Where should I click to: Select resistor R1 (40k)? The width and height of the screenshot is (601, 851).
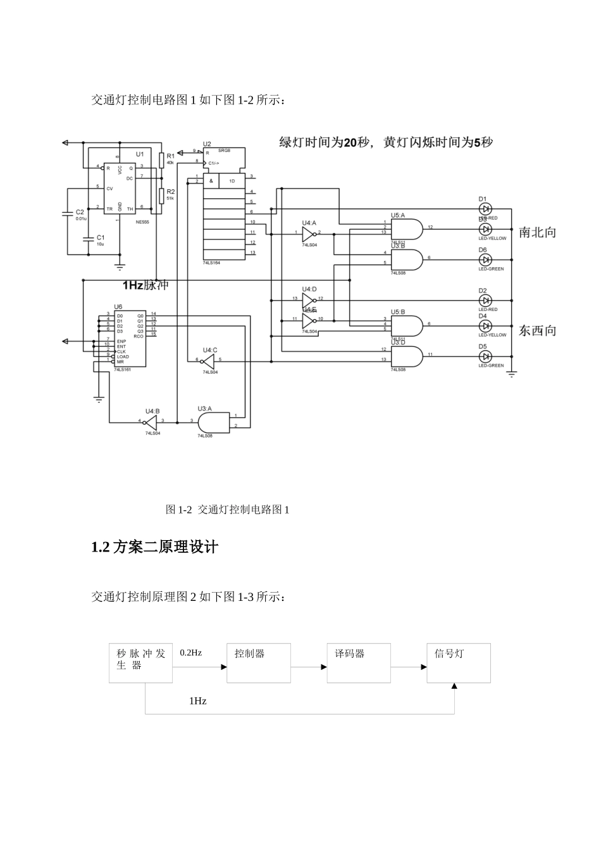coord(162,160)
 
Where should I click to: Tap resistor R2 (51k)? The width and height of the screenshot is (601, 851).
coord(162,194)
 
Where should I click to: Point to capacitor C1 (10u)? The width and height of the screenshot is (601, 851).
coord(88,240)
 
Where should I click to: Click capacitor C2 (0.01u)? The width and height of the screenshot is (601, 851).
coord(68,214)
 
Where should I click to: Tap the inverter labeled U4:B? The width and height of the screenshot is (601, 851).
coord(151,421)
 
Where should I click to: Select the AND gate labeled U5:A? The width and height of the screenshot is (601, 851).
coord(407,229)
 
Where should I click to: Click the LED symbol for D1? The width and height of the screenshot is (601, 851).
coord(485,208)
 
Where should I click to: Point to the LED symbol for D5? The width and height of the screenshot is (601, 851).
coord(485,356)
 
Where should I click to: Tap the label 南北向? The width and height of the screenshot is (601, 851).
coord(537,232)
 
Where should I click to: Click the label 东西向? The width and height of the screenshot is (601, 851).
coord(537,331)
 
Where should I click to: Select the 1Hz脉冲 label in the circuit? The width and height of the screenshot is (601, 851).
coord(146,285)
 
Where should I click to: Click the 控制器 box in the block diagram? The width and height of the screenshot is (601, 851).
coord(259,663)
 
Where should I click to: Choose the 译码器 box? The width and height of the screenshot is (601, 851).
coord(359,663)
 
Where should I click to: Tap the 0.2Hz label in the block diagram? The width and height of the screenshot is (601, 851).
coord(190,653)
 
